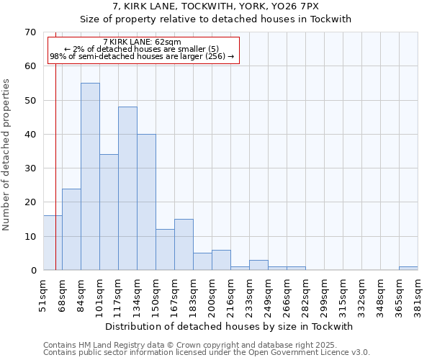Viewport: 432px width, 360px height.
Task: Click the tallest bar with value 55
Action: [x=90, y=176]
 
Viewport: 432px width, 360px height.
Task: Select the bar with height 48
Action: [x=127, y=189]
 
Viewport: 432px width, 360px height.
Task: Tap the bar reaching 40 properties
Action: [x=146, y=202]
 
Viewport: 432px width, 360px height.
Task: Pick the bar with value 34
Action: [x=109, y=212]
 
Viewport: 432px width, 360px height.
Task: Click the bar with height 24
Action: [x=71, y=230]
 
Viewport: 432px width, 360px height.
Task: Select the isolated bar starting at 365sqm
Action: [x=408, y=269]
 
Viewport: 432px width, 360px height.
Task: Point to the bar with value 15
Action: [x=184, y=245]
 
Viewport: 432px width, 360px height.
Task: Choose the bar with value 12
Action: [x=165, y=250]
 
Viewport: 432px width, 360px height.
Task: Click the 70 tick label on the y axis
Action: [x=30, y=32]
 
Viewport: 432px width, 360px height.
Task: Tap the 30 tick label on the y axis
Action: [x=30, y=168]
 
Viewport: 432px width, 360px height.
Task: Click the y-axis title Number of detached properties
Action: [x=7, y=155]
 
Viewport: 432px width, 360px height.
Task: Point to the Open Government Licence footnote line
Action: [x=206, y=352]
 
